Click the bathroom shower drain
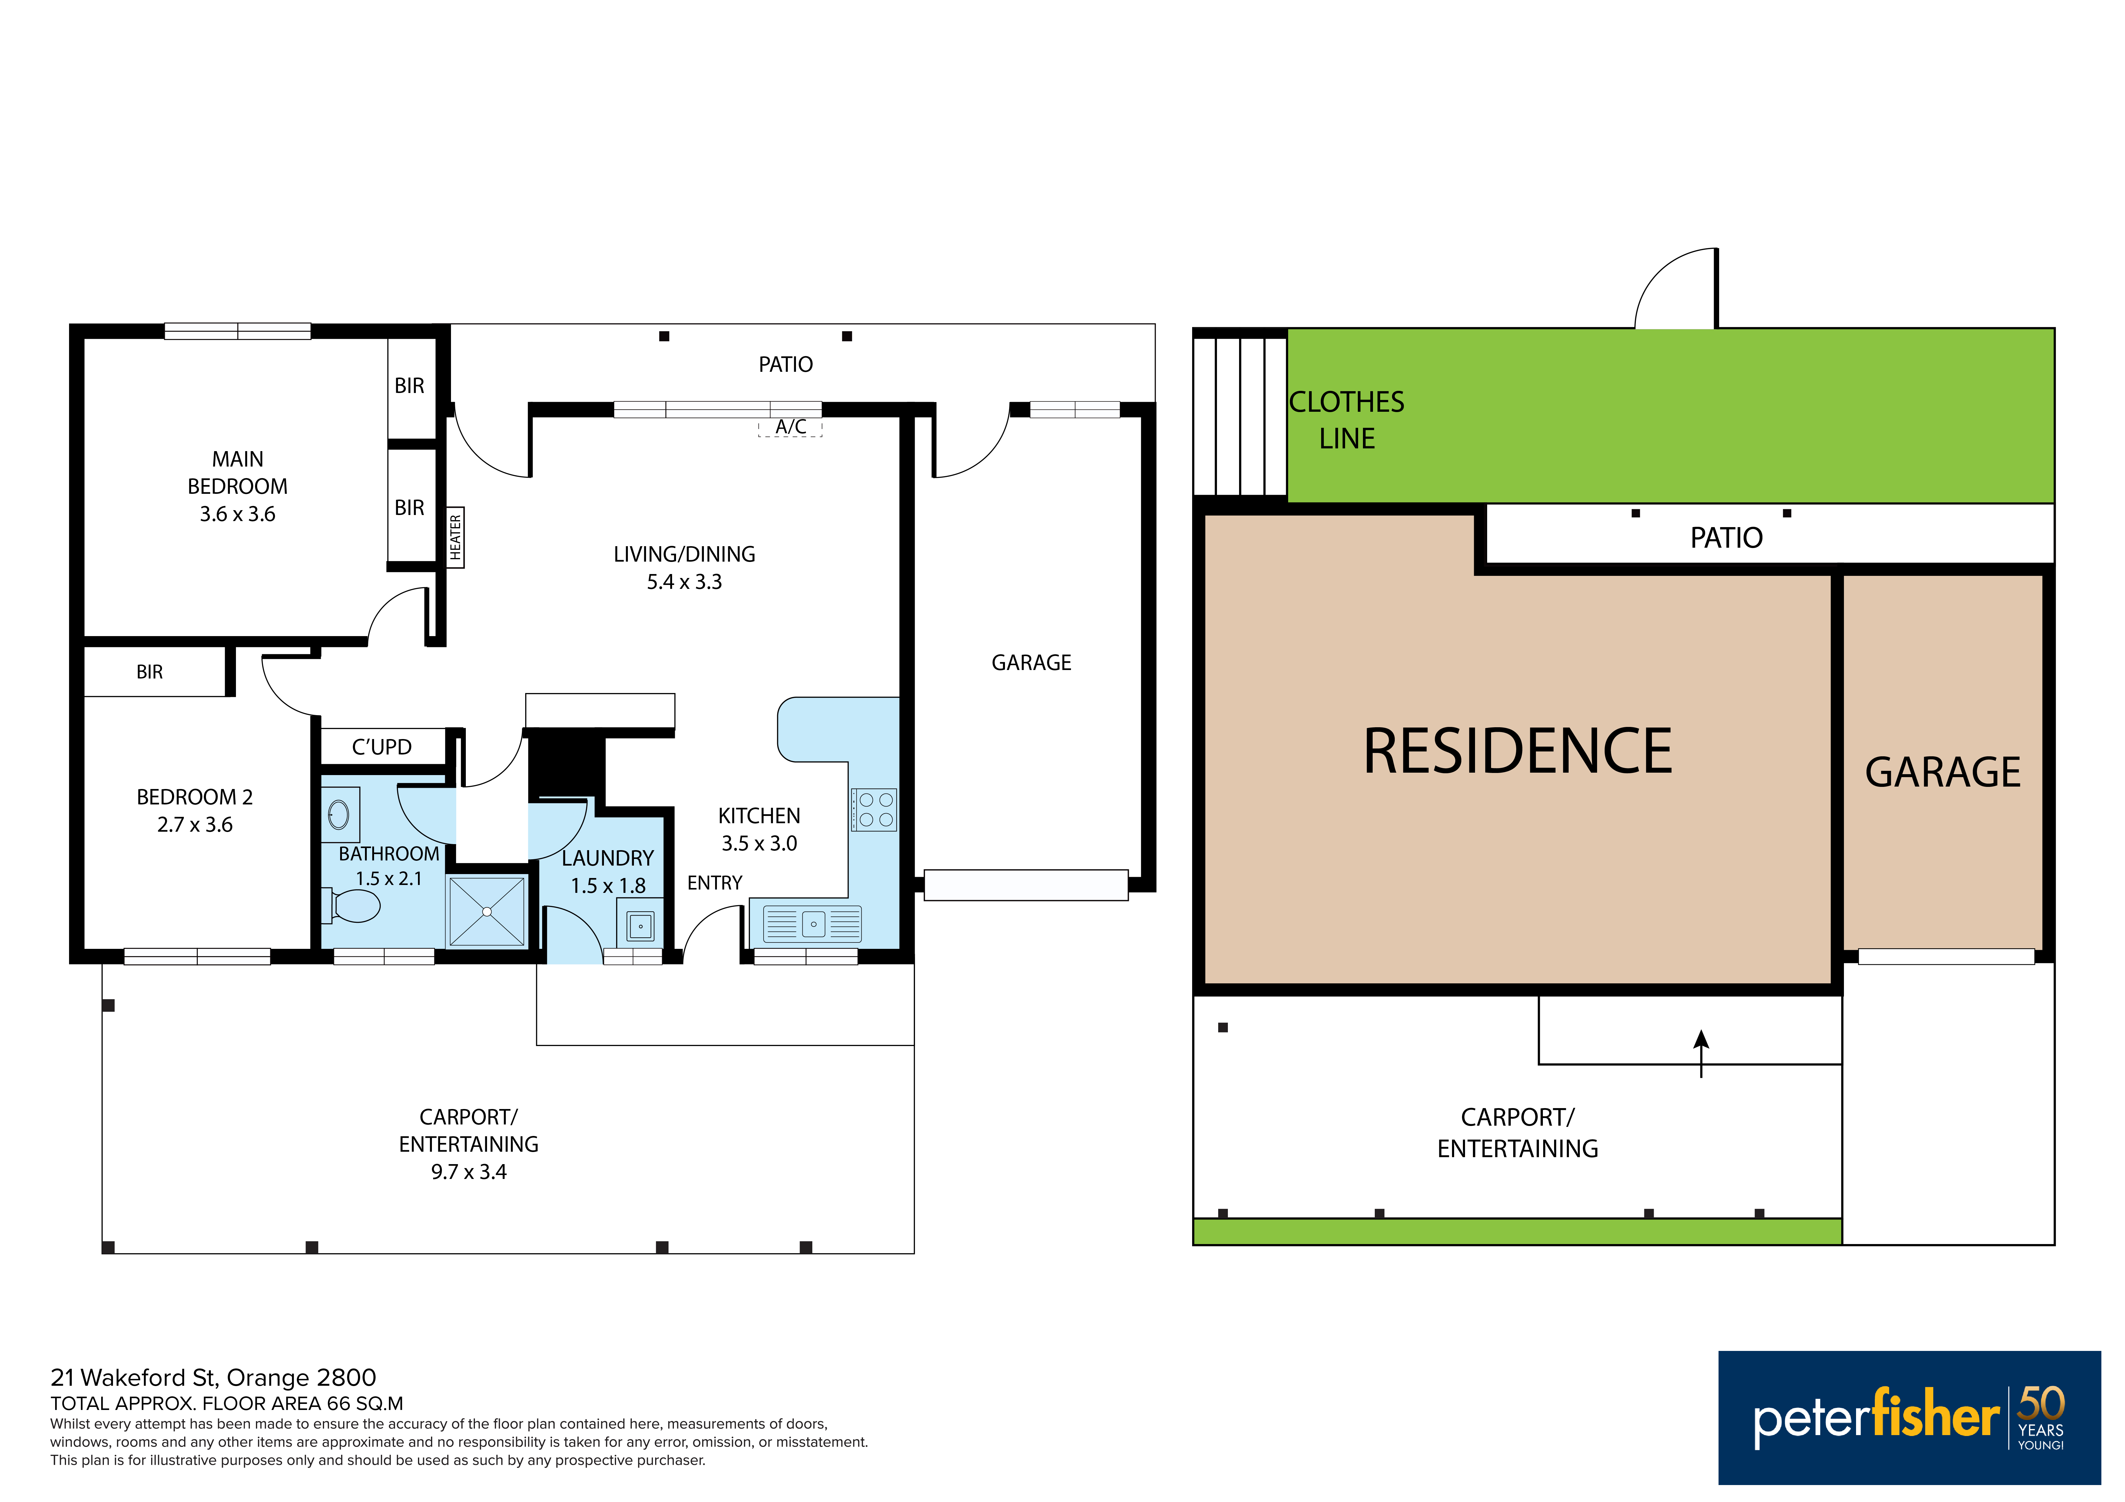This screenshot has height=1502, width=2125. tap(487, 912)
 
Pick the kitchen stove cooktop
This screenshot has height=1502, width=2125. tap(874, 810)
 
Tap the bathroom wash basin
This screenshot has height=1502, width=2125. tap(340, 814)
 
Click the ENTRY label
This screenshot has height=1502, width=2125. tap(714, 883)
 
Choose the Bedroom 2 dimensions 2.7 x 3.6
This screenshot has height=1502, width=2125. tap(195, 825)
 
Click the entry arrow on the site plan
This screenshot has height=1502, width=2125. tap(1701, 1054)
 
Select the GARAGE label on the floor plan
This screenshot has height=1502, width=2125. tap(1031, 663)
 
